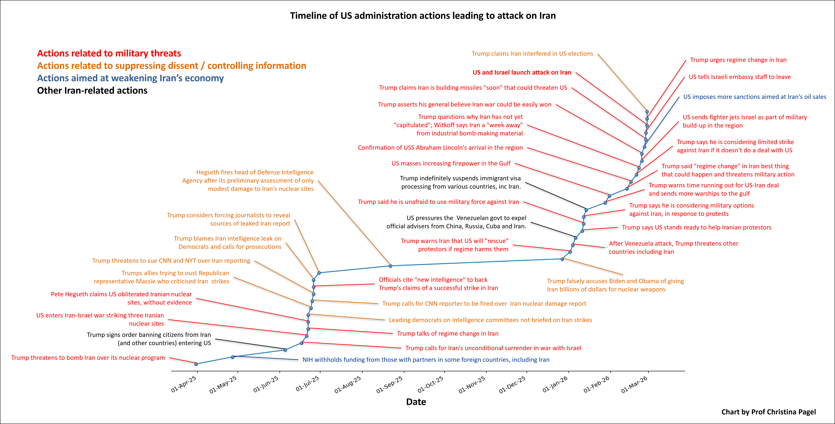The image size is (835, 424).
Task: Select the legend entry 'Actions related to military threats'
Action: pyautogui.click(x=109, y=53)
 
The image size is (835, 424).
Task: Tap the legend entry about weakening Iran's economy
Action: pyautogui.click(x=130, y=78)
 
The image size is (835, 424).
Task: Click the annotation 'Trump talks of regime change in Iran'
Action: pyautogui.click(x=448, y=333)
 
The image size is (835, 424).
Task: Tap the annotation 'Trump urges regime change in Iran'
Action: pyautogui.click(x=738, y=60)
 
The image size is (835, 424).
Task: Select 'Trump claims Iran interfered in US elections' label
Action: pyautogui.click(x=532, y=54)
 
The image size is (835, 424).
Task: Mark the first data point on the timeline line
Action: pyautogui.click(x=196, y=364)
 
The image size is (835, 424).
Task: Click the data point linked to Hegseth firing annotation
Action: pyautogui.click(x=391, y=266)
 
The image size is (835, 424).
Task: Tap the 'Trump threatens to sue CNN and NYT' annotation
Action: pyautogui.click(x=171, y=261)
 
